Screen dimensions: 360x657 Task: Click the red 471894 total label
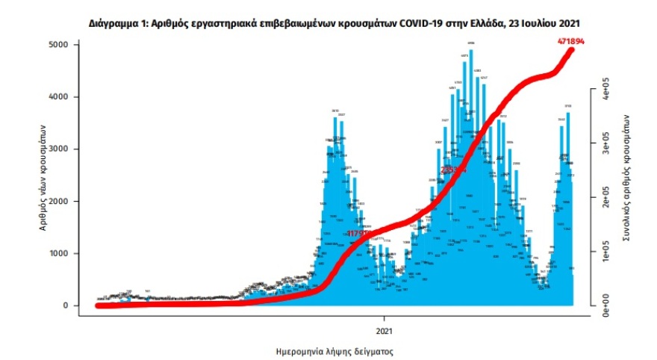click(570, 42)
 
